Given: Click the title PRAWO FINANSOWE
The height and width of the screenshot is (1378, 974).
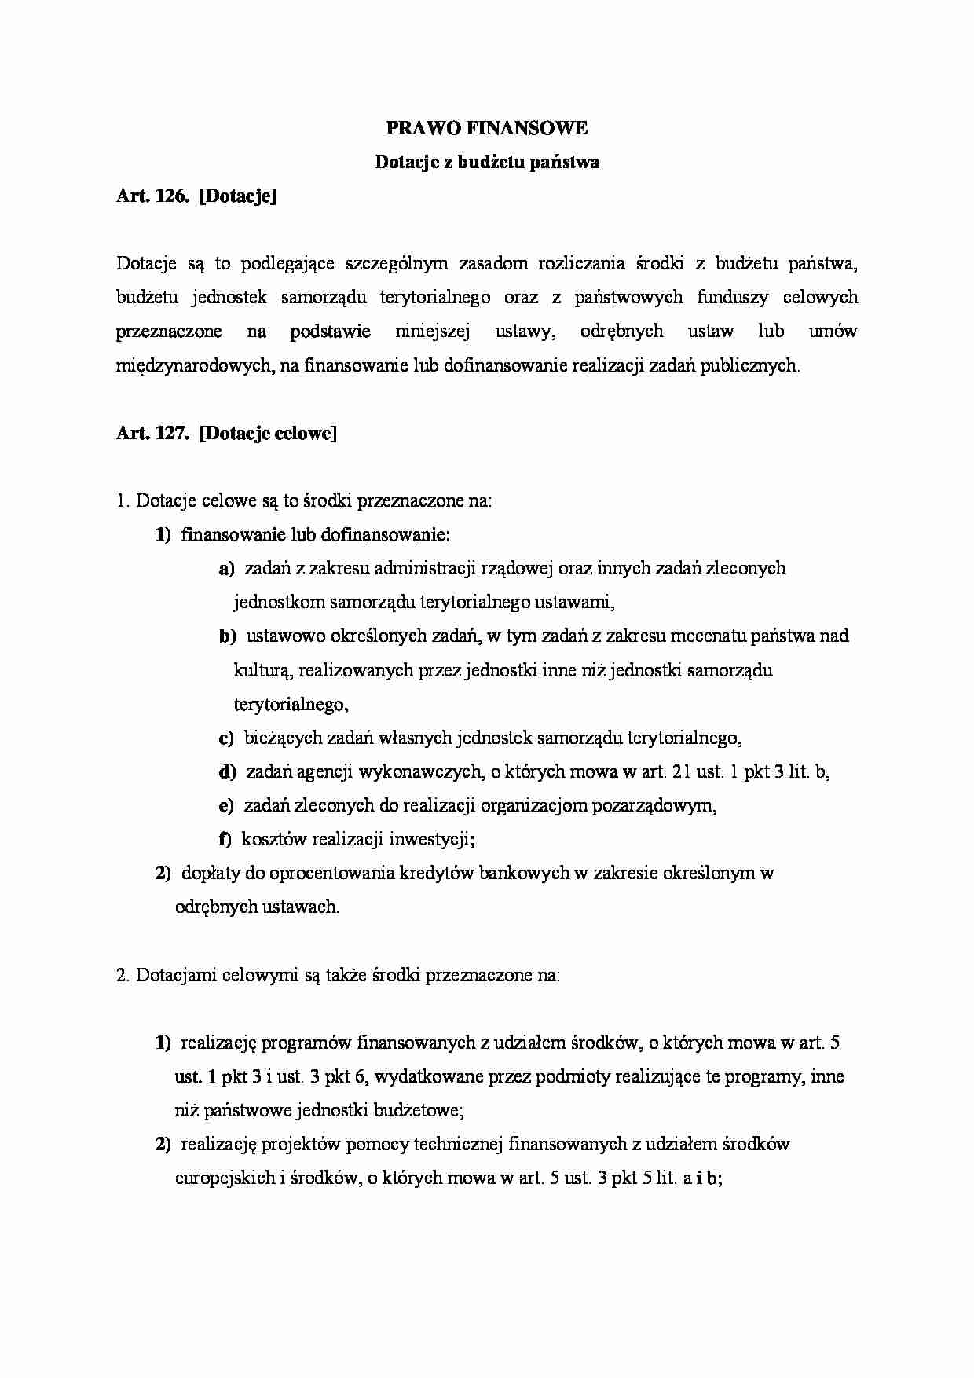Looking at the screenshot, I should [x=486, y=128].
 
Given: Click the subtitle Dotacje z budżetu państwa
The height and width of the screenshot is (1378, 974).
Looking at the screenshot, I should [x=486, y=163].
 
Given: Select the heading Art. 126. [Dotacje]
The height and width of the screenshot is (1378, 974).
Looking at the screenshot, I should [x=196, y=196].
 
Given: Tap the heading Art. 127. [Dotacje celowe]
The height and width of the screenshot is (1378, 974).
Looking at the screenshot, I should [x=226, y=433].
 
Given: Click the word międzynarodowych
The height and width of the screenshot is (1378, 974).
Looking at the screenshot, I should [x=193, y=365].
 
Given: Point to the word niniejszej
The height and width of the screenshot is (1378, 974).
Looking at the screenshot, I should [x=432, y=332].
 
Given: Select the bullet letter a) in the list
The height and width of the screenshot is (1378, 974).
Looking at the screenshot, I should [x=227, y=569].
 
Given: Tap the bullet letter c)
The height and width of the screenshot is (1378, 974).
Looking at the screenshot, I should [x=226, y=738].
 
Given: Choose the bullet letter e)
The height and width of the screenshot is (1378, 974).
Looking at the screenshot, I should [x=226, y=806].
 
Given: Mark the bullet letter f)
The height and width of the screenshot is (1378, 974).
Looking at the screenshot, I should [x=225, y=840].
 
